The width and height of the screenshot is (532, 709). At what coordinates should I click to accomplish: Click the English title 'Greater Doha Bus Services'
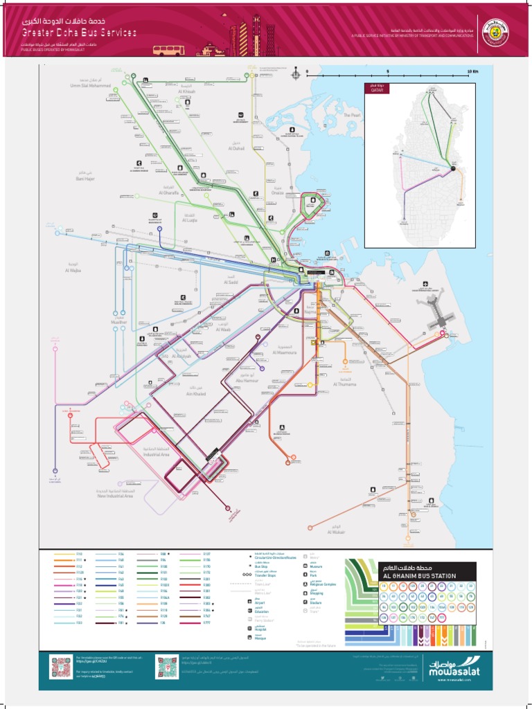pyautogui.click(x=78, y=33)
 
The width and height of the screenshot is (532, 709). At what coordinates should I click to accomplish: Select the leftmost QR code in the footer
pyautogui.click(x=60, y=667)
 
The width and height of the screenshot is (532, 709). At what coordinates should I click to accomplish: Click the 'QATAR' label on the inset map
pyautogui.click(x=378, y=90)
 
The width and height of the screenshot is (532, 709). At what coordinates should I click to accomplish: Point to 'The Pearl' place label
pyautogui.click(x=353, y=115)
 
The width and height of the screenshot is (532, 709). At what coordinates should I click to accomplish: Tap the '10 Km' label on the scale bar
pyautogui.click(x=473, y=71)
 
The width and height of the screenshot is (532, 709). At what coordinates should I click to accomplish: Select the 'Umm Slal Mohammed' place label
pyautogui.click(x=90, y=86)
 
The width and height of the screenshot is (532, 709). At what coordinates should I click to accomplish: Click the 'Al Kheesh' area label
pyautogui.click(x=186, y=91)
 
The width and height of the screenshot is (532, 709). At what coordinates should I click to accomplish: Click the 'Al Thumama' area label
pyautogui.click(x=344, y=384)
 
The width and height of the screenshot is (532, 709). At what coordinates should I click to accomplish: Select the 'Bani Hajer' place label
pyautogui.click(x=84, y=177)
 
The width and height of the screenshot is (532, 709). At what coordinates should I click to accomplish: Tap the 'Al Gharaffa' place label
pyautogui.click(x=169, y=193)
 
